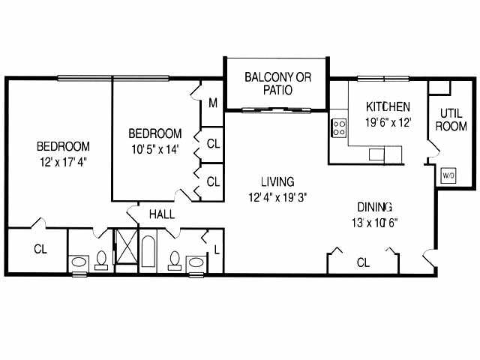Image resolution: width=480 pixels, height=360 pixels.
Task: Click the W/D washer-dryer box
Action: (x=448, y=175)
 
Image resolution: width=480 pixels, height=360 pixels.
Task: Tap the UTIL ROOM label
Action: (x=451, y=119)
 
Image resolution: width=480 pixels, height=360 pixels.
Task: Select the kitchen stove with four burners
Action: (x=339, y=127)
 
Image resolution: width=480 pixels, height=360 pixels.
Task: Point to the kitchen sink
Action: (x=376, y=154)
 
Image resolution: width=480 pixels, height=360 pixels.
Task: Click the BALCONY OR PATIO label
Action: (x=277, y=83)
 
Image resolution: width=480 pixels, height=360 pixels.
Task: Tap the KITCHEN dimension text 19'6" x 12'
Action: (x=388, y=123)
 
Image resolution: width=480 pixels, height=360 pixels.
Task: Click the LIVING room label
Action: (x=277, y=181)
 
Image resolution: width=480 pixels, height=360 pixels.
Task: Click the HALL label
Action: (x=162, y=214)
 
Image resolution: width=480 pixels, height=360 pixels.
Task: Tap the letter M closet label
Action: (x=213, y=103)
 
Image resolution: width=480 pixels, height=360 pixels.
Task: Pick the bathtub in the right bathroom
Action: (x=148, y=255)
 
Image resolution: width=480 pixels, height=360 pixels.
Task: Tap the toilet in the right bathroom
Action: (x=175, y=261)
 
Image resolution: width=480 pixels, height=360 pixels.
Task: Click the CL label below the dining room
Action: (x=363, y=262)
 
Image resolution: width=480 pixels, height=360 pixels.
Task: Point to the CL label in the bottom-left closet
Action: (x=40, y=249)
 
